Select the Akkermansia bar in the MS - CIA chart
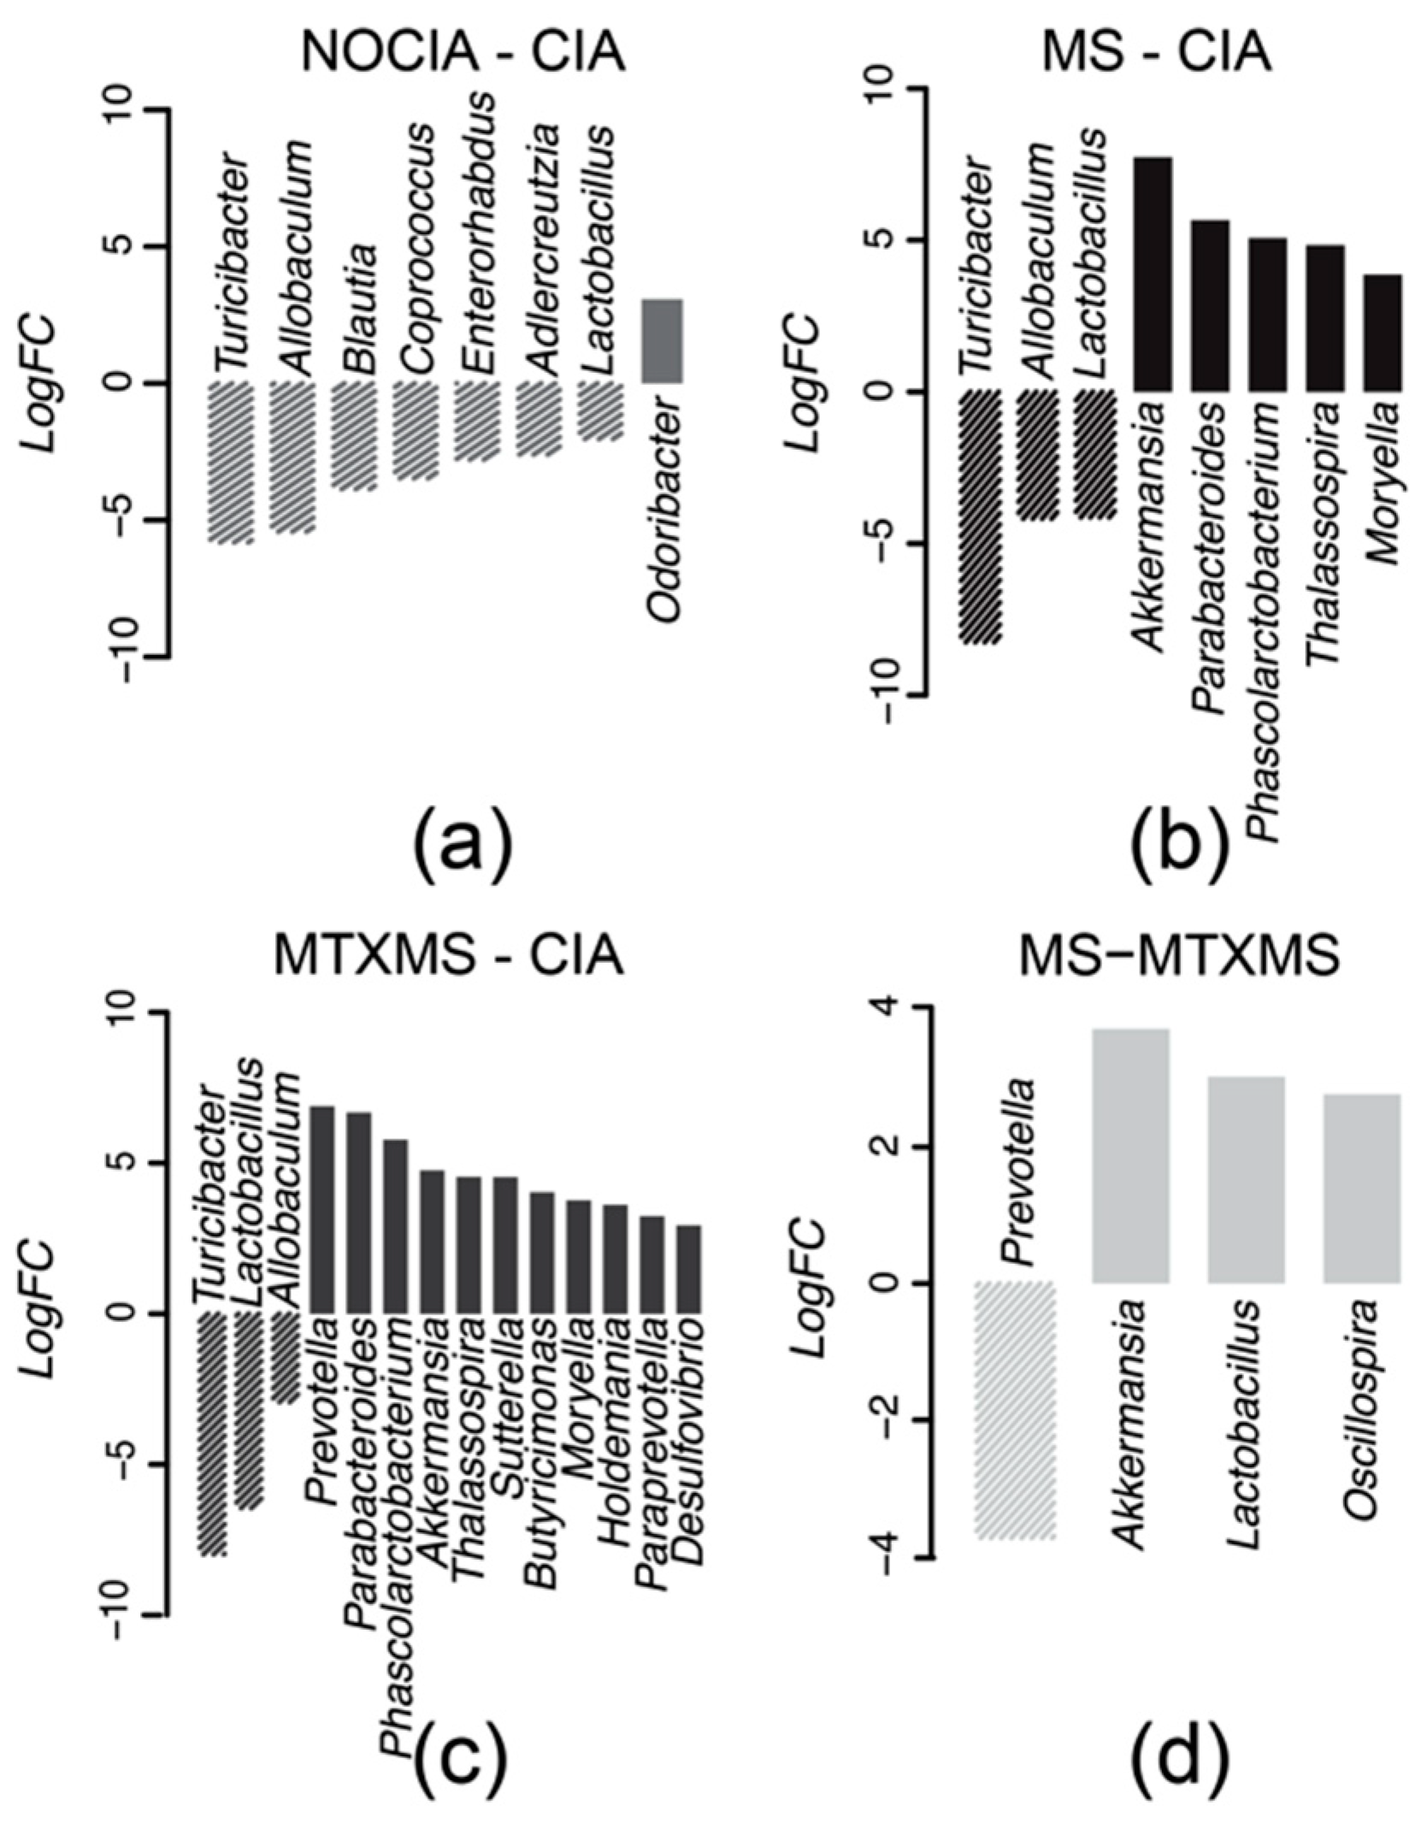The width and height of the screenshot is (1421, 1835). [1152, 274]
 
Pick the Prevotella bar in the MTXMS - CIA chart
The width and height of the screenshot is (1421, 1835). [321, 1209]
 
